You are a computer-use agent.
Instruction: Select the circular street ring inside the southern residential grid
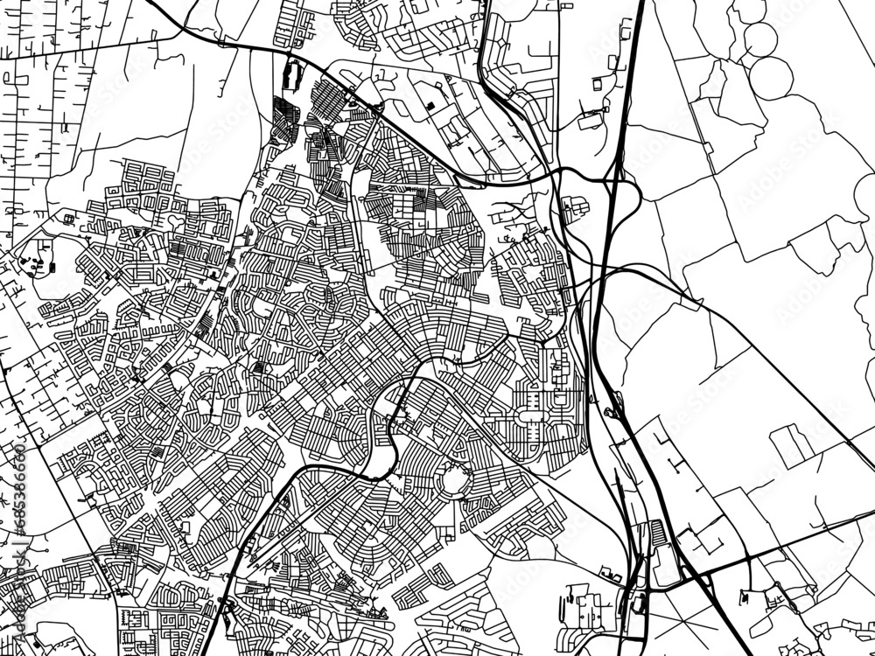(456, 480)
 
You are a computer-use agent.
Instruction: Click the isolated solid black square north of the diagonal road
(432, 108)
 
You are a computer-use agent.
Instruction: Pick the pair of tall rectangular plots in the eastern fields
(791, 445)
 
